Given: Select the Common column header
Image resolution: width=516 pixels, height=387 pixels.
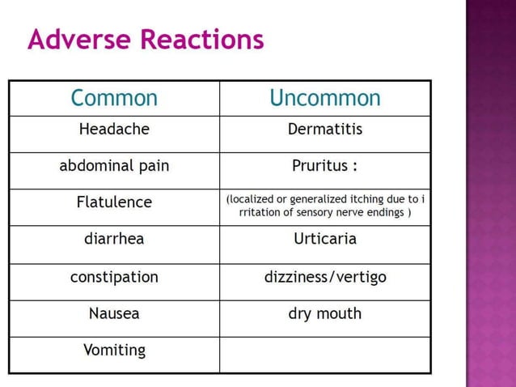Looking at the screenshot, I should [x=114, y=98].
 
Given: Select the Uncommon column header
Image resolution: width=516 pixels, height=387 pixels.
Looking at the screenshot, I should [x=324, y=98].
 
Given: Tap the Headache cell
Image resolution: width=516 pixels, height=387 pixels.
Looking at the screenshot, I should [x=114, y=129].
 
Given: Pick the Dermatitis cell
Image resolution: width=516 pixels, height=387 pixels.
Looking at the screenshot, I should [x=325, y=129].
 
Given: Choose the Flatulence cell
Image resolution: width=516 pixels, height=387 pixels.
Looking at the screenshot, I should [x=114, y=202].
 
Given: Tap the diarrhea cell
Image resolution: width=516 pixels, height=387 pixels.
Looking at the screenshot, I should [x=114, y=239].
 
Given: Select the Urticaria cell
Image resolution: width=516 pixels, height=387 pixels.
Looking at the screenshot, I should [x=325, y=239].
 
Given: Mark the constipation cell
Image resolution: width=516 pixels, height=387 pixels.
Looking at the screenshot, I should [x=114, y=276].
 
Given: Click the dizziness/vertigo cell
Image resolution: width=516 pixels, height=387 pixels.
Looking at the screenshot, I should [x=325, y=276].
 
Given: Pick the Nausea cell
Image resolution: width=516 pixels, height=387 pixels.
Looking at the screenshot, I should [x=114, y=313].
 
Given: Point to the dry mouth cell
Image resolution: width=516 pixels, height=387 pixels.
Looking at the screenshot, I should [x=325, y=313].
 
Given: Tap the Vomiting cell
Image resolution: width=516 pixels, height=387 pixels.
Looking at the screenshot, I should [x=114, y=351].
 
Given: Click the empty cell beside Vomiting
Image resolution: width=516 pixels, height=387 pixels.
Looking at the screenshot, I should [x=325, y=355].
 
